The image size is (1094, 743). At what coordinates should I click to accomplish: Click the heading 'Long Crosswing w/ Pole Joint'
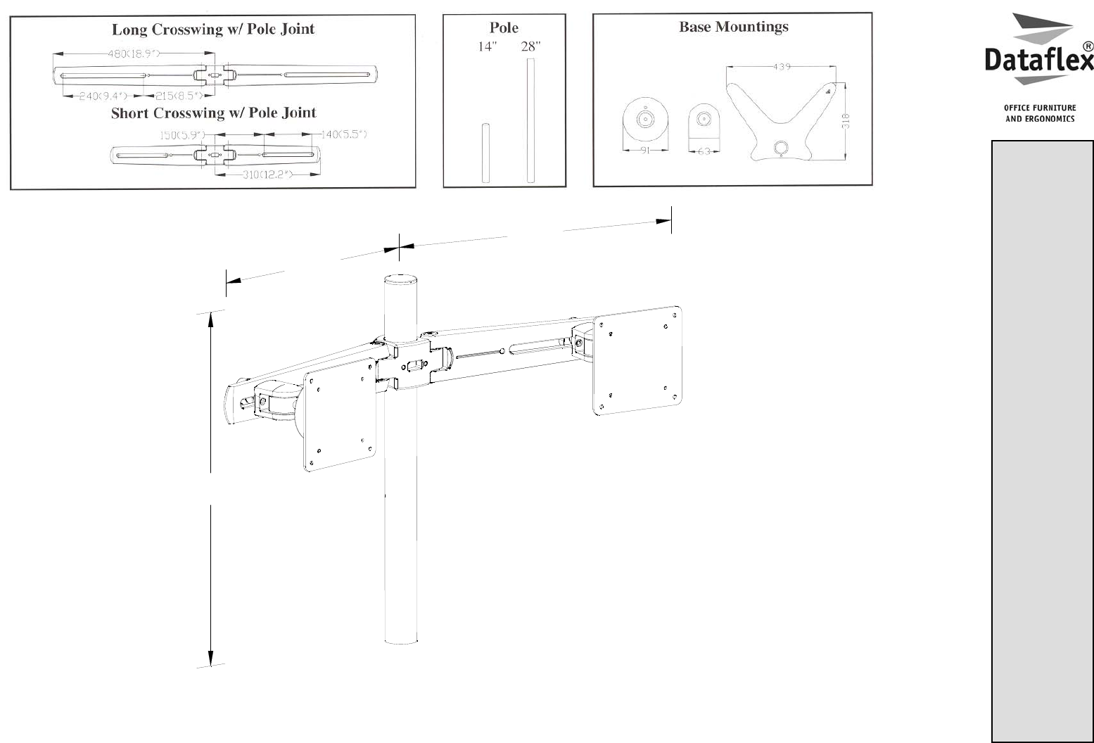(x=213, y=30)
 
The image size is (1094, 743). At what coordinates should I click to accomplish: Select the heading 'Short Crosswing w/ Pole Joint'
(x=213, y=113)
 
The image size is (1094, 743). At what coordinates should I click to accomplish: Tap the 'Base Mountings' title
(x=733, y=27)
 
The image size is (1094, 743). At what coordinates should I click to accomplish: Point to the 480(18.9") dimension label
(x=133, y=53)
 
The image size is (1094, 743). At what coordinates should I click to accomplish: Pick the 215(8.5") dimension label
(x=179, y=96)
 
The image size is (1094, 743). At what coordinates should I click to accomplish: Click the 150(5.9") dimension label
(x=181, y=135)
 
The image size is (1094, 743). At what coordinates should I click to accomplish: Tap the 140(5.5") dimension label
(x=344, y=134)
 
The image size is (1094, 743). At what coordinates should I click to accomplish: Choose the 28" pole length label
(x=530, y=47)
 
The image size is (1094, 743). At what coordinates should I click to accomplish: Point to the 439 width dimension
(x=782, y=67)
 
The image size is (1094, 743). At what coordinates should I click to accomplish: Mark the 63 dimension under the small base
(x=704, y=151)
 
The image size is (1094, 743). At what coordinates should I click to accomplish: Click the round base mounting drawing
(x=645, y=120)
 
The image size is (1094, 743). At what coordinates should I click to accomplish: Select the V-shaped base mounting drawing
(x=781, y=116)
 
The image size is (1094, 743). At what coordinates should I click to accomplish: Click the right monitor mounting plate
(x=638, y=361)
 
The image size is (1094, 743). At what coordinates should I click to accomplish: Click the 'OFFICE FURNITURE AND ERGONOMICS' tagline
(x=1040, y=113)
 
